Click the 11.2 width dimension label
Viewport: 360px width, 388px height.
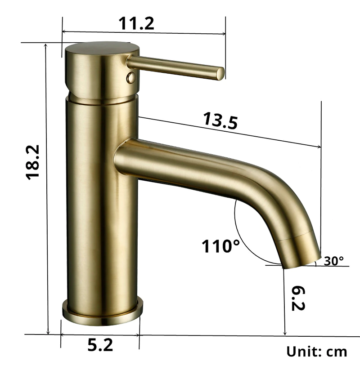136,23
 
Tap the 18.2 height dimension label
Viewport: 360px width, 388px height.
34,162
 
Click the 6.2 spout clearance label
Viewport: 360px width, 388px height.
298,297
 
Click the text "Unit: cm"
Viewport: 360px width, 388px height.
317,351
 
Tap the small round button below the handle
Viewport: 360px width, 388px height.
130,77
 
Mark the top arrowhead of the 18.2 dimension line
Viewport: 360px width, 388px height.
47,45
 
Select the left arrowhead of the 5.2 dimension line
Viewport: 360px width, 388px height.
63,334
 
